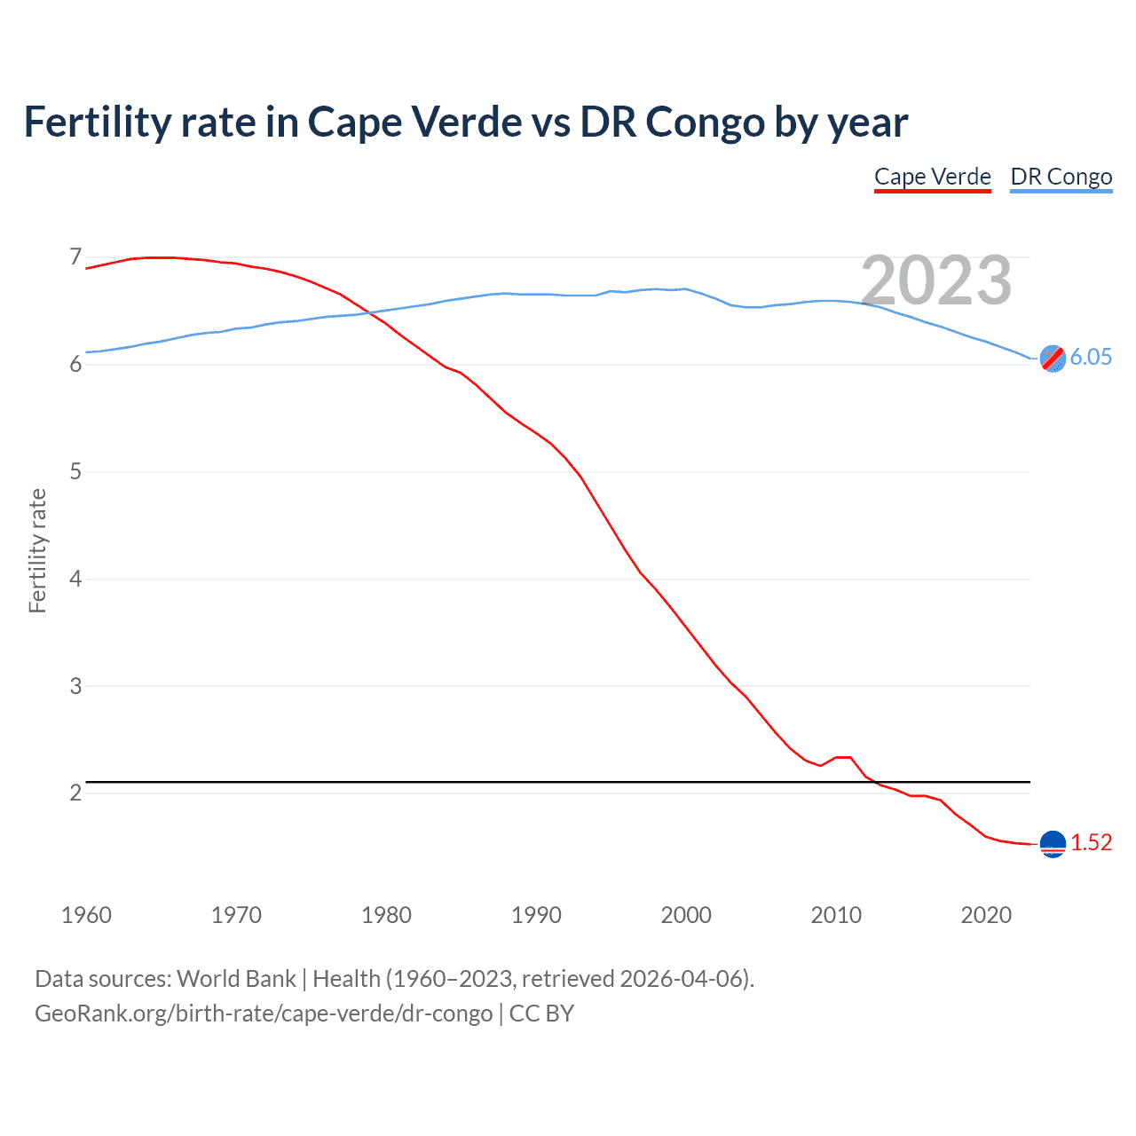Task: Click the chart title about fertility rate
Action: click(x=465, y=122)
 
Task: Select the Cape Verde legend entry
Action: click(x=932, y=177)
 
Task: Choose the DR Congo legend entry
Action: click(x=1061, y=177)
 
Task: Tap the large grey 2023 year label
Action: click(x=936, y=280)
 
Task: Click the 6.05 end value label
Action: click(x=1091, y=357)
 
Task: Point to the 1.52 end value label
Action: click(x=1091, y=842)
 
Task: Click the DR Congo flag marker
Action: click(x=1053, y=359)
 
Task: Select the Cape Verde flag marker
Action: click(x=1053, y=844)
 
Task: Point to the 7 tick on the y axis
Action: click(x=75, y=257)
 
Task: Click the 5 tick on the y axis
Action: click(x=75, y=471)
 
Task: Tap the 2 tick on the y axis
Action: click(x=75, y=793)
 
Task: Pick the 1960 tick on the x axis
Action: click(x=86, y=915)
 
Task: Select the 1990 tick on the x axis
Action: click(x=536, y=915)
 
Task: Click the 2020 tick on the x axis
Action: click(x=986, y=915)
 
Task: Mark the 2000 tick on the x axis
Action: click(x=686, y=915)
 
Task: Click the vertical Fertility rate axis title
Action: click(x=37, y=550)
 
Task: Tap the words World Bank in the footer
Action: click(x=236, y=979)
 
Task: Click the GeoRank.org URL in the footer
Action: click(x=264, y=1013)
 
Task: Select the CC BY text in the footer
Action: click(x=541, y=1013)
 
